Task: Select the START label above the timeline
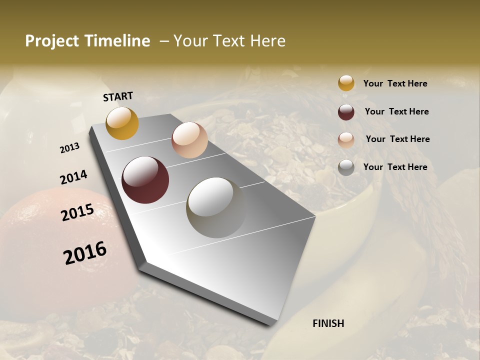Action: (x=118, y=96)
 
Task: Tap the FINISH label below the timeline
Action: (x=328, y=323)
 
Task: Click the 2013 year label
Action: (x=70, y=148)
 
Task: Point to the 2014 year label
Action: (x=73, y=177)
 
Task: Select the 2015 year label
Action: (x=77, y=212)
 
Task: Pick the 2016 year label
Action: (x=85, y=253)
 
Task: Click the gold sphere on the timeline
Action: (x=122, y=123)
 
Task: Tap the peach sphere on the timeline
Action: (x=189, y=140)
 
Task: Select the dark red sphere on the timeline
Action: (x=145, y=180)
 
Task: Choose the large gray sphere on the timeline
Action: (x=216, y=207)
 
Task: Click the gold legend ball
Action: (x=346, y=83)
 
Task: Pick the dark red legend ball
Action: (x=346, y=112)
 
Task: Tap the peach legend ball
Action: (x=346, y=140)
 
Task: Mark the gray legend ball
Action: (x=346, y=167)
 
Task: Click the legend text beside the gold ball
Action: (x=395, y=84)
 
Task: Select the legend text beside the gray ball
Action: (x=395, y=167)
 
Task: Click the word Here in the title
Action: (x=267, y=41)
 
